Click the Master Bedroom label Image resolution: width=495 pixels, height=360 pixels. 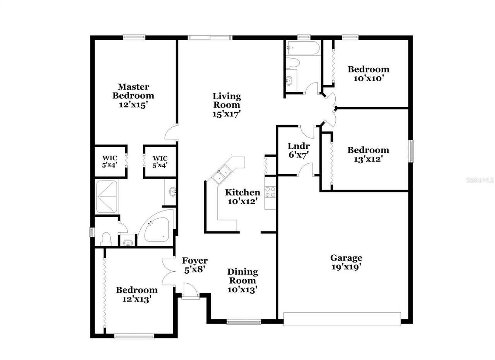point(133,96)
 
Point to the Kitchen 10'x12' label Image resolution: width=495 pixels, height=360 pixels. point(242,197)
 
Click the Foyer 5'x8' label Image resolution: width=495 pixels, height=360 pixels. point(195,265)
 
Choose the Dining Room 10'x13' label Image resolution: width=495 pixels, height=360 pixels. point(242,281)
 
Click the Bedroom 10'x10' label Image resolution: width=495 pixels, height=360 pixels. point(368,74)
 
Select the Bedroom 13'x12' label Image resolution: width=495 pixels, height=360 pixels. point(368,154)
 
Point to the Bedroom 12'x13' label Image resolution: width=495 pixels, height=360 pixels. point(137,294)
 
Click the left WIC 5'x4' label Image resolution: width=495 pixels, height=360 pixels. point(109,161)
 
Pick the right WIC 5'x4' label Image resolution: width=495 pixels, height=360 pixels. point(160,161)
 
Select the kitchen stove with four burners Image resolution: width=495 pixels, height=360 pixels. point(270,192)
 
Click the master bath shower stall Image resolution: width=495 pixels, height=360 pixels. point(106,197)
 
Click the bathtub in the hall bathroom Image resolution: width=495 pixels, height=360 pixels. point(303,48)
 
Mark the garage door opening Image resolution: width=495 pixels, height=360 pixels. point(342,319)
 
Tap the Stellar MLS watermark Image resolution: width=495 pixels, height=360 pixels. point(480,180)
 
